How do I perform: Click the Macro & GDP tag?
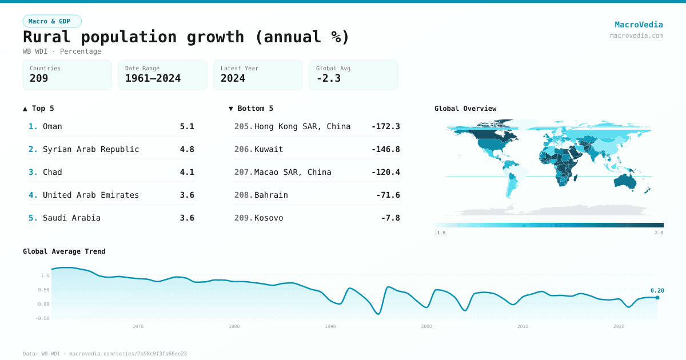[x=52, y=21]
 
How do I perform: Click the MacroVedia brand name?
[x=639, y=25]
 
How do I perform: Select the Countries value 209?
[x=39, y=78]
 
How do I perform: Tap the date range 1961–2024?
[x=153, y=78]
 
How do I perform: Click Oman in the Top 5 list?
[x=53, y=126]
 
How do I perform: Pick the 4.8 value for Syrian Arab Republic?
[x=187, y=149]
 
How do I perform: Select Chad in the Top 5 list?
[x=53, y=172]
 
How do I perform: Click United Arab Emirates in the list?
[x=91, y=195]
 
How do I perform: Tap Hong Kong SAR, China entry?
[x=302, y=126]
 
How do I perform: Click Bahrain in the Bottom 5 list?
[x=271, y=195]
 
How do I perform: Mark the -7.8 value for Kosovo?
[x=390, y=218]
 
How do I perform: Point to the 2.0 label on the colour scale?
[x=659, y=233]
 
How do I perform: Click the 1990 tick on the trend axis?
[x=330, y=326]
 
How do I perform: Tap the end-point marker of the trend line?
[x=657, y=298]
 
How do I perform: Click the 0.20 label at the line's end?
[x=657, y=290]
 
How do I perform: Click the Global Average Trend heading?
[x=64, y=251]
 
